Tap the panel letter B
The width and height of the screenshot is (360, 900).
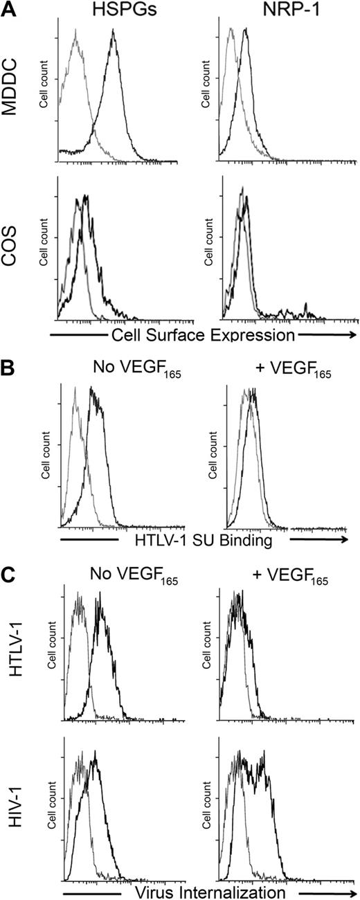pos(9,365)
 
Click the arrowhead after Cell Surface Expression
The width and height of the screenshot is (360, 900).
pos(352,336)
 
